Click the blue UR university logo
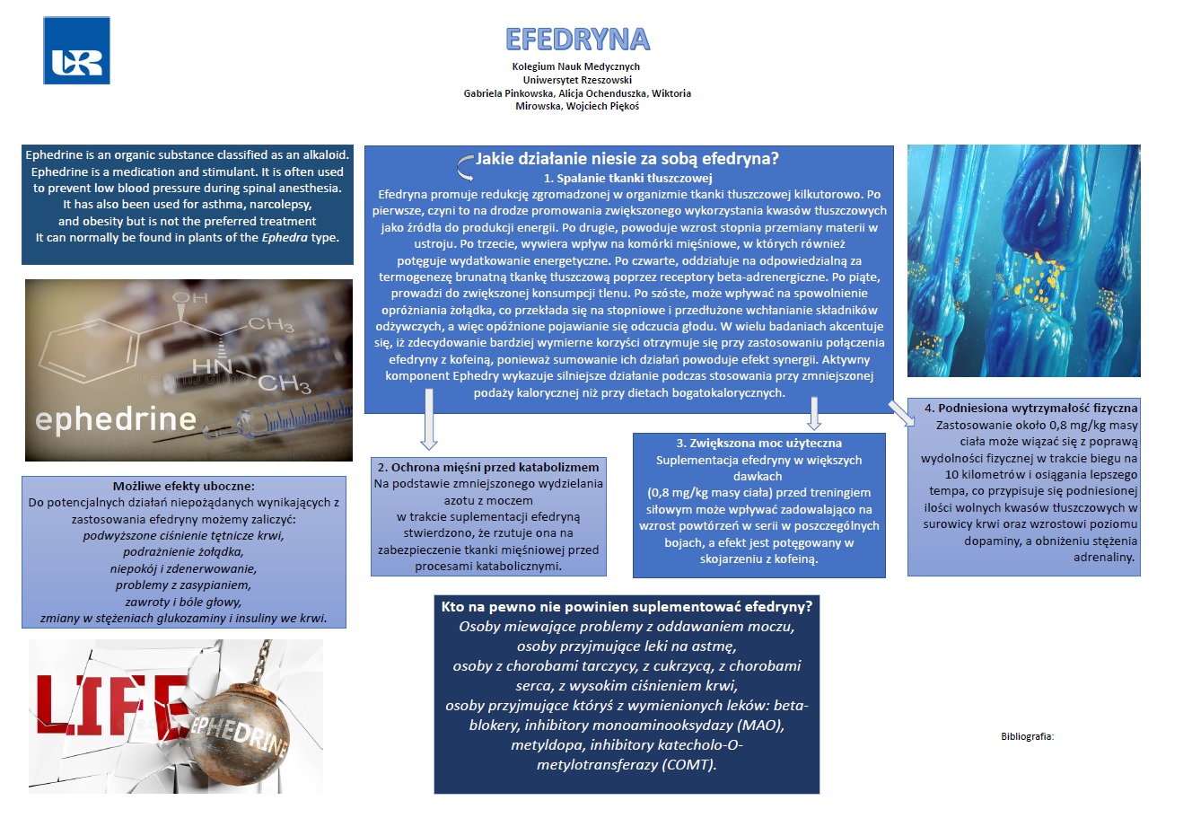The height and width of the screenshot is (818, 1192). point(76,51)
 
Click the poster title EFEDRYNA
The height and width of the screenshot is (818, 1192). point(577,40)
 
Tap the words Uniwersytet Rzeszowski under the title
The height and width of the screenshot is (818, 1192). point(577,80)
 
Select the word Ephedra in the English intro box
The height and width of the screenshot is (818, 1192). point(285,238)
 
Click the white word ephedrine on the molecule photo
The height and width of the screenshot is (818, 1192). point(116,418)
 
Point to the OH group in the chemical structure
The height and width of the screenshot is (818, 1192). point(189,297)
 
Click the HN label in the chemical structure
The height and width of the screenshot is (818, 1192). point(213,366)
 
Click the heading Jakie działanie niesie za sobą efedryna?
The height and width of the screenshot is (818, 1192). point(627,159)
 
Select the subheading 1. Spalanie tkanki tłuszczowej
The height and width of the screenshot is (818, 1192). point(627,178)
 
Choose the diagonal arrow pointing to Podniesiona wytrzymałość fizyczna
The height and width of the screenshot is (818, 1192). point(900,411)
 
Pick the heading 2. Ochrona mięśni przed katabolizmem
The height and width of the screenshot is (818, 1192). point(488,467)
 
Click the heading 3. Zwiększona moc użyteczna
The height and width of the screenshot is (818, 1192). point(758,443)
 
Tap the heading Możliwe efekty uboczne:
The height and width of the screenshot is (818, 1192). point(183,486)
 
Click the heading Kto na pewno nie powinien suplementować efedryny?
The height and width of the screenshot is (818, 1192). point(627,606)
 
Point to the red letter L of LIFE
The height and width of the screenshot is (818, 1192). point(56,709)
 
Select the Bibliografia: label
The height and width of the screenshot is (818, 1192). point(1027,736)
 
